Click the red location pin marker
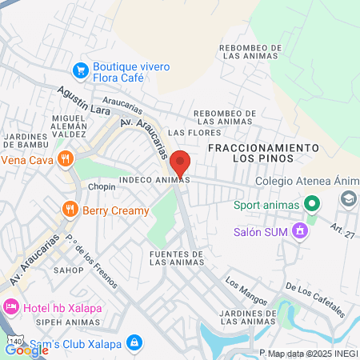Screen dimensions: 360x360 (x=180, y=162)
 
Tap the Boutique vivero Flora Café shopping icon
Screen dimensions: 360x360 (x=80, y=70)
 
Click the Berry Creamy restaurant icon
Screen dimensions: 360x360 (x=70, y=210)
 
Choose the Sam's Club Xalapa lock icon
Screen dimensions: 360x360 (x=134, y=343)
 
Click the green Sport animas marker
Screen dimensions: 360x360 (x=313, y=205)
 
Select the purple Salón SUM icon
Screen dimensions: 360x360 (x=300, y=232)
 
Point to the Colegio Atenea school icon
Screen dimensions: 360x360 (x=350, y=198)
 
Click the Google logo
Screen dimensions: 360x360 (x=26, y=350)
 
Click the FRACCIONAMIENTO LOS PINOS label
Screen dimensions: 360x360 (x=263, y=154)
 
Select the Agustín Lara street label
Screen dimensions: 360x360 (x=83, y=102)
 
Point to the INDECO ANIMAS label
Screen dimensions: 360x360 (x=154, y=180)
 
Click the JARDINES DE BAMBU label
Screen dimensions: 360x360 (x=26, y=141)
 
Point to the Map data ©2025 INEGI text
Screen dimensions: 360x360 (x=312, y=354)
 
